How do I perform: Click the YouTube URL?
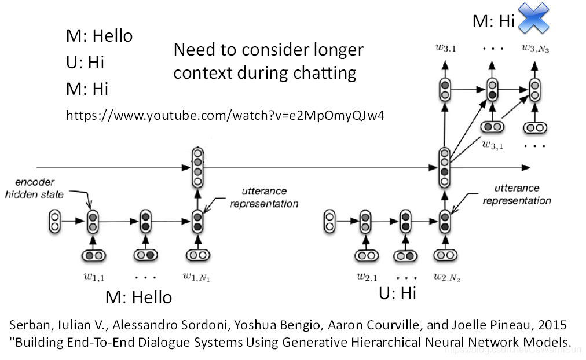[x=225, y=115]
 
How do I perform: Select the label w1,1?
[x=93, y=277]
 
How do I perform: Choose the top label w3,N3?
[x=535, y=49]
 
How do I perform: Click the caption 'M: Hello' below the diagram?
[x=138, y=297]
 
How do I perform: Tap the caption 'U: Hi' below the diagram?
[x=397, y=293]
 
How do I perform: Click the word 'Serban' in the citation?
[x=29, y=325]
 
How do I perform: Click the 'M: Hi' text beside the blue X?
[x=493, y=21]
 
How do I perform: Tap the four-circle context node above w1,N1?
[x=198, y=167]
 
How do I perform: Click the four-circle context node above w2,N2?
[x=444, y=167]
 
